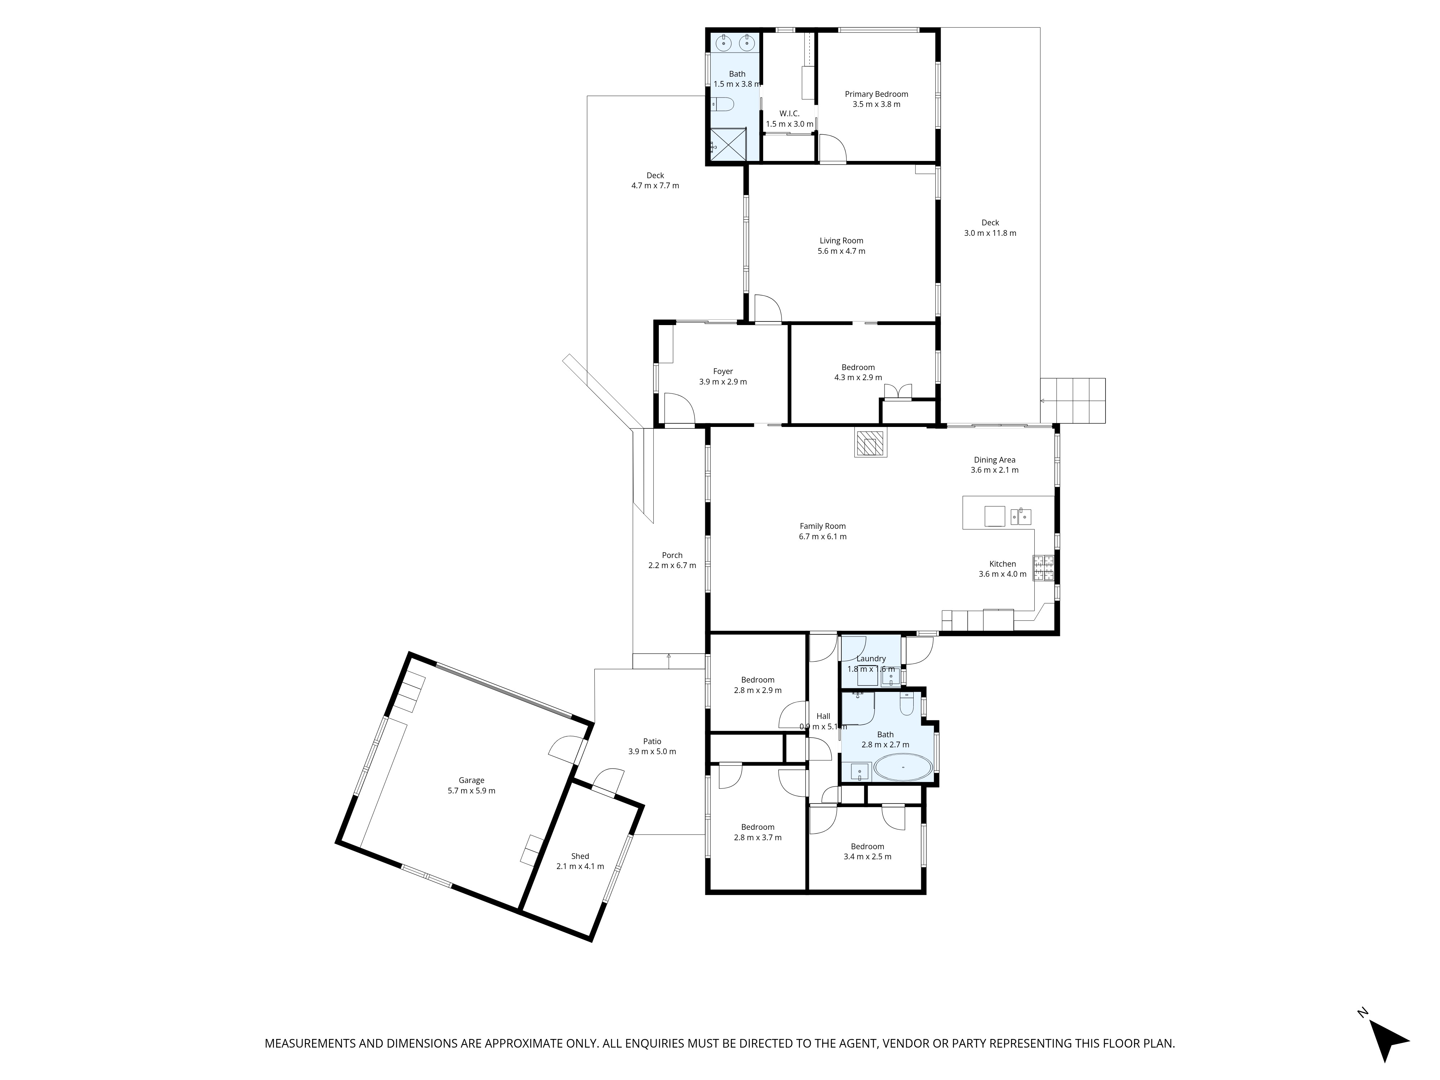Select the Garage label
tap(471, 780)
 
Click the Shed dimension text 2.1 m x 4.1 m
tap(580, 867)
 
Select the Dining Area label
tap(994, 460)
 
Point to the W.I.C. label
tap(789, 113)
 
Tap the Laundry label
tap(871, 658)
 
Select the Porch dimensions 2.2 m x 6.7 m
tap(672, 566)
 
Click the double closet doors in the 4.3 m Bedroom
tap(898, 391)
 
